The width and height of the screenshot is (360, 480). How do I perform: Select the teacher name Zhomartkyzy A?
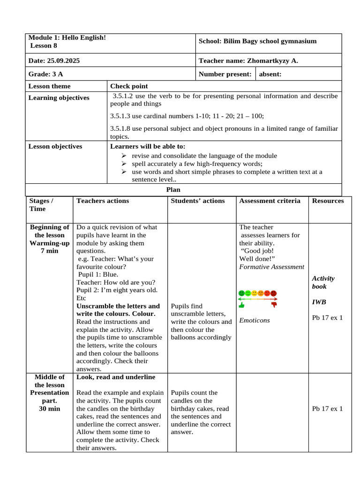pos(272,61)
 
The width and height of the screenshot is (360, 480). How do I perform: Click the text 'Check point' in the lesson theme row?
pos(129,86)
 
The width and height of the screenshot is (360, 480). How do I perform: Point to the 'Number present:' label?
pos(225,74)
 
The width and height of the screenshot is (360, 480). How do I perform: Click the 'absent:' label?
pos(270,74)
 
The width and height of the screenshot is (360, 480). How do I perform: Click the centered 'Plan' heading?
pos(173,190)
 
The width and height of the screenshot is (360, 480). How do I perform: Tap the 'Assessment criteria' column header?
pos(270,201)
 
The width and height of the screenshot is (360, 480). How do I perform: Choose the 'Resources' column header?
pos(328,201)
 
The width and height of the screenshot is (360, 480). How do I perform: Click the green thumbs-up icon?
pos(242,305)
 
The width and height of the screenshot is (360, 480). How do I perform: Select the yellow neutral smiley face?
pos(255,293)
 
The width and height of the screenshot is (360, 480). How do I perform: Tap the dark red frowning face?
pos(274,293)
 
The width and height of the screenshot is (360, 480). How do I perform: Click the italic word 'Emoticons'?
pos(255,321)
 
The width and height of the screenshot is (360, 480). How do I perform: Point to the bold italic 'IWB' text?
pos(319,302)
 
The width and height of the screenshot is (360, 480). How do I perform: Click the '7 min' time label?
pos(49,251)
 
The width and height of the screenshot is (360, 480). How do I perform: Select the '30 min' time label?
pos(49,409)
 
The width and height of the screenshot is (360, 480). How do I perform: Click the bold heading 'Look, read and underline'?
pos(116,377)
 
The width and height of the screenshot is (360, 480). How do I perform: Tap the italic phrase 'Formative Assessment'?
pos(271,267)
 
